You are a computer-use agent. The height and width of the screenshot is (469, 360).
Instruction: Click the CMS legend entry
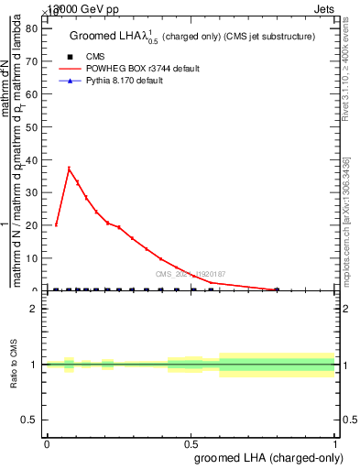click(x=94, y=56)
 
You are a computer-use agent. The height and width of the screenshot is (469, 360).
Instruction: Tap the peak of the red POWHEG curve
click(x=69, y=168)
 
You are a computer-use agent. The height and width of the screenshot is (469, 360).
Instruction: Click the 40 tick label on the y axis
click(x=35, y=159)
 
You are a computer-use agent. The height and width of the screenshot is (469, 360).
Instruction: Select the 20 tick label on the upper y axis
click(x=35, y=225)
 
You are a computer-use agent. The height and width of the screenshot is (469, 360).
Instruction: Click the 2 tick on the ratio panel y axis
click(x=37, y=310)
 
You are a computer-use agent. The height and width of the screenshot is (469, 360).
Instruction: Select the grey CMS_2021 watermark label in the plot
click(x=190, y=274)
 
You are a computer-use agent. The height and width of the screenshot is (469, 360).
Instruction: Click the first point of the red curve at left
click(x=57, y=224)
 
